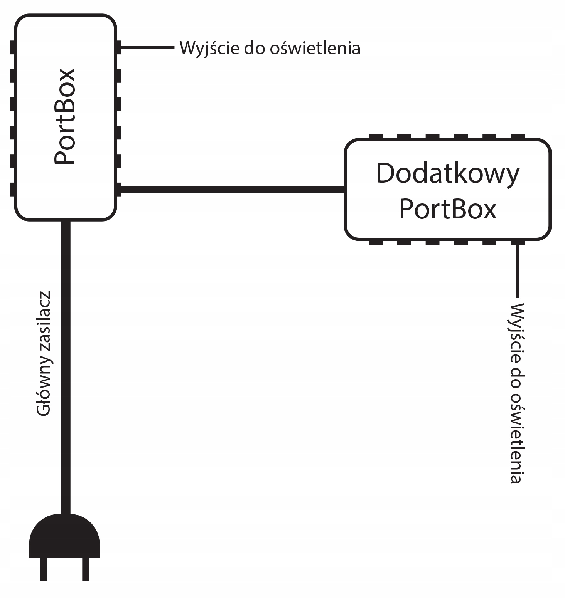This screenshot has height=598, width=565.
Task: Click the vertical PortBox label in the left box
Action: click(65, 117)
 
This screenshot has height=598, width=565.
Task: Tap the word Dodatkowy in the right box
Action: click(448, 174)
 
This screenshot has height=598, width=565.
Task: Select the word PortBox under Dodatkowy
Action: click(448, 209)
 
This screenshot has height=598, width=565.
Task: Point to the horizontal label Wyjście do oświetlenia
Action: click(270, 48)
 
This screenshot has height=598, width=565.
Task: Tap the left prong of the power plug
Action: click(43, 569)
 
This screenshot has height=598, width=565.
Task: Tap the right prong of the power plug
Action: click(85, 569)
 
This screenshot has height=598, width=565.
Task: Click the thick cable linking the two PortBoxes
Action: click(231, 189)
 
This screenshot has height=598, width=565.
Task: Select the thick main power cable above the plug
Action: click(65, 366)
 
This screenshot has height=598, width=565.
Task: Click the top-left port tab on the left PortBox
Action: click(13, 48)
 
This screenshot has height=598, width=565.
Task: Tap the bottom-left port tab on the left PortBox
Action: click(13, 189)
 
